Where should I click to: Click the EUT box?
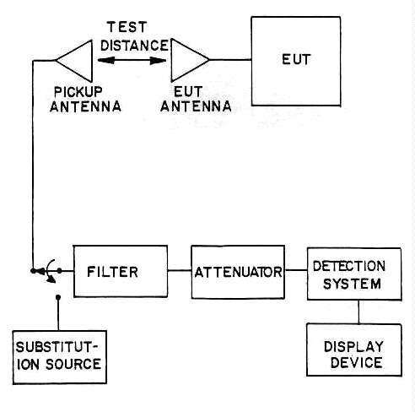coord(296,61)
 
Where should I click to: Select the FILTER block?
coord(121,271)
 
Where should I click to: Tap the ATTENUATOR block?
coord(238,272)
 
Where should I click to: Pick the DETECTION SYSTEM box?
coord(354,274)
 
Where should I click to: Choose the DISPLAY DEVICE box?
coord(354,350)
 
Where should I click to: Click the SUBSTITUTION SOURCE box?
coord(60,357)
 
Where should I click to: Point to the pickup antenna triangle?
coord(74,61)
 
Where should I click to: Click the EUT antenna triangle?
coord(190,60)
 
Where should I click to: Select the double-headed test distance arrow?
coord(132,60)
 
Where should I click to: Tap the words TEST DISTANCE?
coord(134,36)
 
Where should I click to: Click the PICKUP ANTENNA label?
coord(85,99)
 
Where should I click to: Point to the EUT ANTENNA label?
coord(196,99)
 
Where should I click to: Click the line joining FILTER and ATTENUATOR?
coord(180,270)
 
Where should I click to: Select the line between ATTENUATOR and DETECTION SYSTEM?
coord(296,270)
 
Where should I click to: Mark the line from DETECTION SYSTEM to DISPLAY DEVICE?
coord(358,312)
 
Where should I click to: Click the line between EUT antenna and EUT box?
coord(230,60)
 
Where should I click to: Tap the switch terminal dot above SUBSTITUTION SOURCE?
coord(58,297)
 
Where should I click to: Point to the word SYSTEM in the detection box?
coord(352,284)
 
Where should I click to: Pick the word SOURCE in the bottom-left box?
coord(73,364)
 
